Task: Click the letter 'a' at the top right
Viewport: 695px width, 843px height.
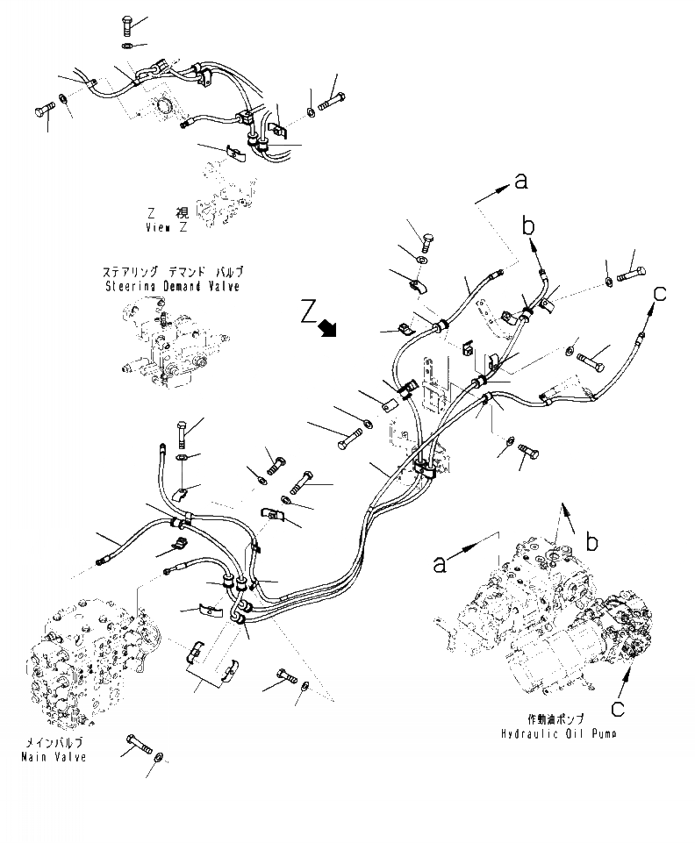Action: click(521, 182)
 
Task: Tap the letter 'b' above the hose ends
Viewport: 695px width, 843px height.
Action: click(528, 226)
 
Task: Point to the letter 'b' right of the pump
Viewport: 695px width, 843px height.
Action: click(593, 543)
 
